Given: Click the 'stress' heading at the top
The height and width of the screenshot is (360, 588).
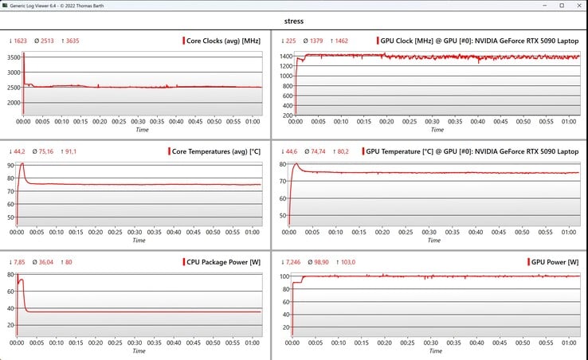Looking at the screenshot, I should click(x=293, y=22).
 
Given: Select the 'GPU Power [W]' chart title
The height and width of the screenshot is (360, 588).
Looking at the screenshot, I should click(x=555, y=262).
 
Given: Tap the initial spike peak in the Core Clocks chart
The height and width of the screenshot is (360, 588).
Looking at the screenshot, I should click(x=24, y=53).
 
